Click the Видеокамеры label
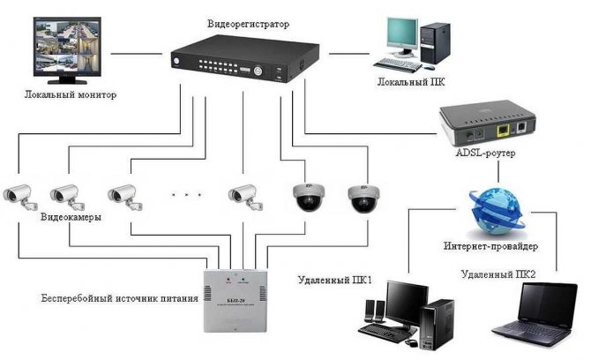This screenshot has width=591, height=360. point(71,217)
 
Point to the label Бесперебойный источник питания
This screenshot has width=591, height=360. point(107,298)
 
